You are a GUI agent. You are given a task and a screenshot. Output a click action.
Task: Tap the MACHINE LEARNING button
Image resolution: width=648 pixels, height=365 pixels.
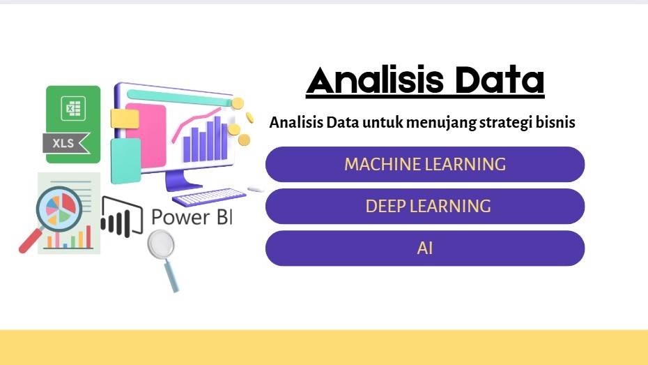424,165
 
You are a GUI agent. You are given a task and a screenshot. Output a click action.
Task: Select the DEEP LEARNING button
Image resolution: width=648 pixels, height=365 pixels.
424,207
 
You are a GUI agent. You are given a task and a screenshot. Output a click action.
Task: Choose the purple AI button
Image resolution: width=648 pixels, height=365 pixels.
424,248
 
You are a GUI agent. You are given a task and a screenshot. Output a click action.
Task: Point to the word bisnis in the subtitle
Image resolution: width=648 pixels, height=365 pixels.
557,123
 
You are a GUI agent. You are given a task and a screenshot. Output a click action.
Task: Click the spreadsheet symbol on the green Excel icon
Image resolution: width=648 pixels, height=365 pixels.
73,109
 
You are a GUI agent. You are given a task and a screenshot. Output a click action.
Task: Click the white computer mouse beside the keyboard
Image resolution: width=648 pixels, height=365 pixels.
255,189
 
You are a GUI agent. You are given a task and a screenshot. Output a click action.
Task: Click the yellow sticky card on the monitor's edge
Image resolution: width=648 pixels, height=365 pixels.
125,118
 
